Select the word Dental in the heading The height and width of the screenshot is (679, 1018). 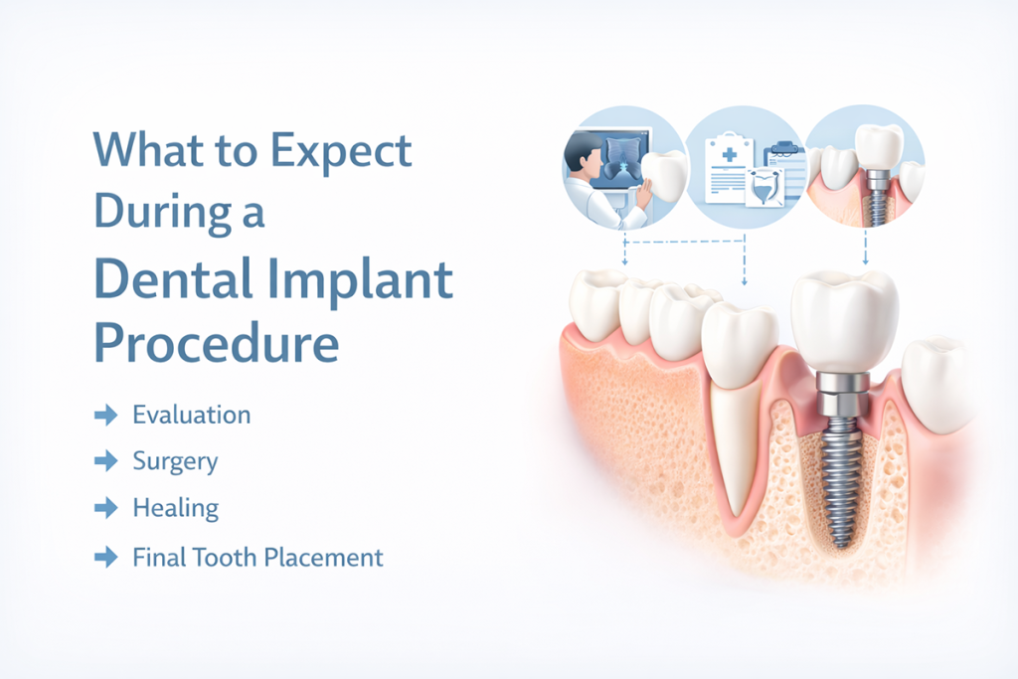coord(173,278)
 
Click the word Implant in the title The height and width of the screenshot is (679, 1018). coord(360,280)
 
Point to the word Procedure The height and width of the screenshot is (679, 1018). coord(217,342)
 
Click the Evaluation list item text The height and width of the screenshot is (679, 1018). coord(192,415)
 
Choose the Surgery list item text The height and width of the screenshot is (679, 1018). coord(175,462)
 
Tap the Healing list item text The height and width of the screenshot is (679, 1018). coord(176,508)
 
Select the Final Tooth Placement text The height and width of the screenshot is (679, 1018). coord(257,558)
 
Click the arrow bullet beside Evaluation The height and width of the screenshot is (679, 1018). coord(105,415)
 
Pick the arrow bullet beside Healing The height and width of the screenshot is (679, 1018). coord(105,508)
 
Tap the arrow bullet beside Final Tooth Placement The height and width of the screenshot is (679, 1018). coord(105,558)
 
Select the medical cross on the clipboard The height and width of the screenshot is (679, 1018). coord(729,154)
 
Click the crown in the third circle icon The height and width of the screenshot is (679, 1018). coord(879,148)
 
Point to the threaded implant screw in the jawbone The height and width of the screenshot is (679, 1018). coord(842,480)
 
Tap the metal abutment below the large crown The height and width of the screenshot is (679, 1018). coord(841,394)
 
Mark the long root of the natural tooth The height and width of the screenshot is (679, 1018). coord(738,448)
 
